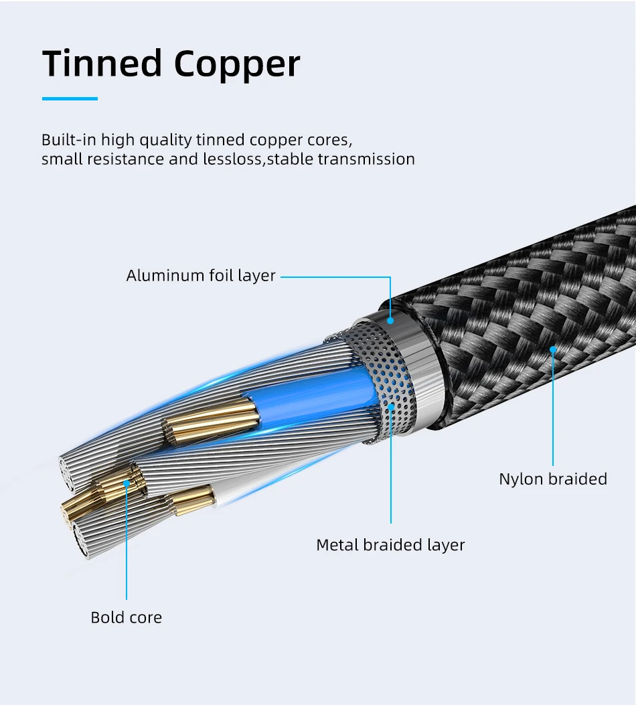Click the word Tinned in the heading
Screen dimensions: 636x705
[x=102, y=63]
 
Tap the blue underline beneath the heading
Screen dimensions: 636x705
[x=70, y=98]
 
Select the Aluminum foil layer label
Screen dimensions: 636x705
[x=200, y=276]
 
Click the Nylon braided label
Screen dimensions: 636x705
[x=553, y=479]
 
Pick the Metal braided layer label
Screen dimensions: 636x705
[x=390, y=545]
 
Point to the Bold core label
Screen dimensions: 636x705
[x=127, y=617]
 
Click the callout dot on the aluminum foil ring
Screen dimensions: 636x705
[x=390, y=321]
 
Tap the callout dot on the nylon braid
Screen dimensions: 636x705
[x=553, y=349]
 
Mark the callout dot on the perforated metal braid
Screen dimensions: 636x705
[x=391, y=407]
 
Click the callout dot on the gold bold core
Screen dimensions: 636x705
[x=127, y=483]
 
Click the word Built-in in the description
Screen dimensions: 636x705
[x=69, y=140]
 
